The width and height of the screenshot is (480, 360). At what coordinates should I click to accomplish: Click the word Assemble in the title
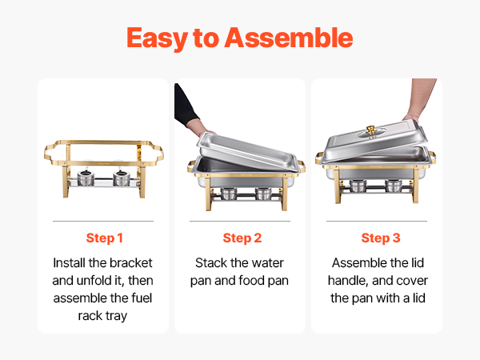point(289,38)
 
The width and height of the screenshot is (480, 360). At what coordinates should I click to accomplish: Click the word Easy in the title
point(157,38)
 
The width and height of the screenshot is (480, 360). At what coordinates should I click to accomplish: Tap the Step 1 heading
point(104,238)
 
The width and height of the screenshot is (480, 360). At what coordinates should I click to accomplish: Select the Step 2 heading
point(242,238)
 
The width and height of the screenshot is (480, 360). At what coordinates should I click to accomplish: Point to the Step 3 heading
point(381,238)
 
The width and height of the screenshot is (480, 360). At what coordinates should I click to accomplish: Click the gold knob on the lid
point(371,130)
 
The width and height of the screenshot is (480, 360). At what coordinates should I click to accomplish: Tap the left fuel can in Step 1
point(86,178)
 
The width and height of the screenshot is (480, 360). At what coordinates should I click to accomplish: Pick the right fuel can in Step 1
point(122,178)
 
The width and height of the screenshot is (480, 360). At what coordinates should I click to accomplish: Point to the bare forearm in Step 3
point(421,98)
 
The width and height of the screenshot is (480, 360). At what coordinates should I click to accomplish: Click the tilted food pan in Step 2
point(248,151)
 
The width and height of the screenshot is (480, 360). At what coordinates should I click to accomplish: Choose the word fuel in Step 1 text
point(142,298)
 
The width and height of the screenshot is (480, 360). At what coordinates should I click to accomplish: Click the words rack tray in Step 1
point(102,316)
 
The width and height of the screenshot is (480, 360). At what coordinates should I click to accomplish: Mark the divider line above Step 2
point(240,221)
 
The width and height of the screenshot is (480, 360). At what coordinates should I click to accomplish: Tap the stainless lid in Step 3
point(376,141)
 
